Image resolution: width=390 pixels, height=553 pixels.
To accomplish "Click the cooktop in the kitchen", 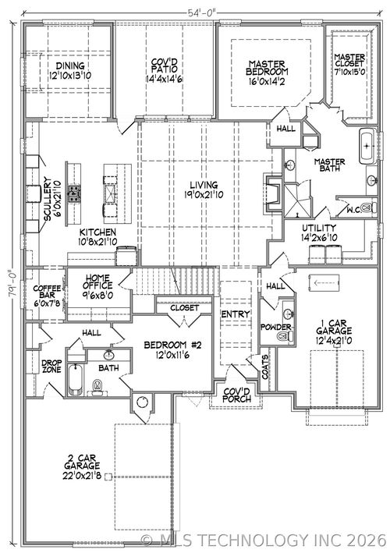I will click(x=75, y=193).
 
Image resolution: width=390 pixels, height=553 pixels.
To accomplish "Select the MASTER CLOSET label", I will click(x=349, y=62).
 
